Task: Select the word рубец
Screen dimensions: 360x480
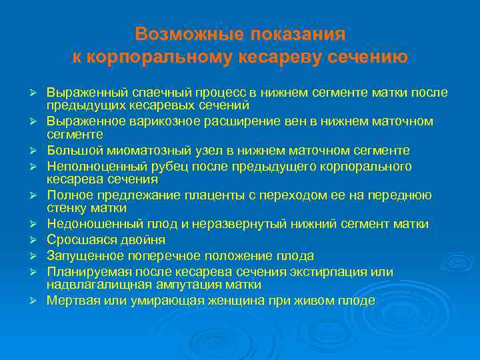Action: click(154, 166)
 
